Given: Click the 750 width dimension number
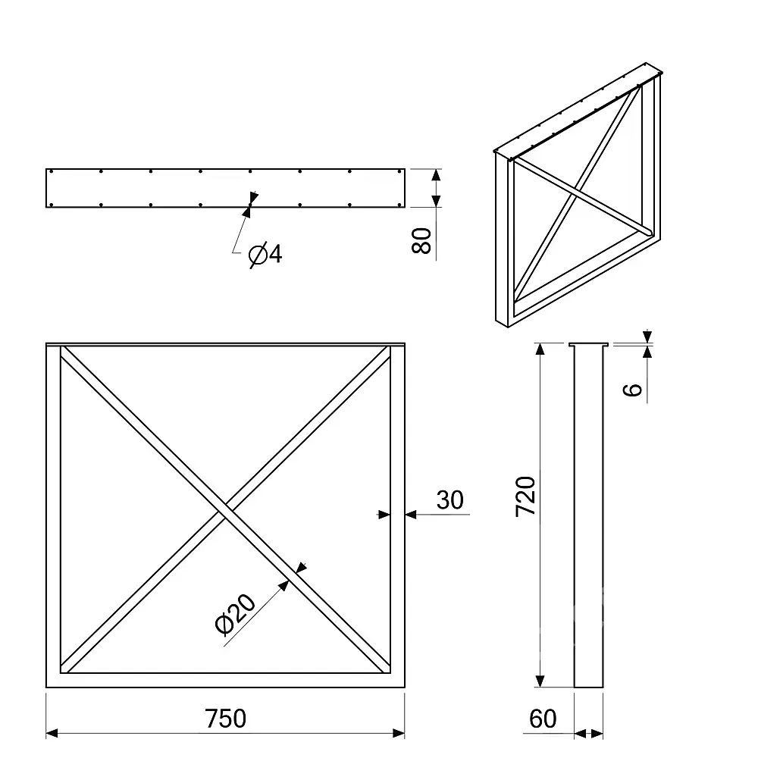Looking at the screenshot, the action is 225,719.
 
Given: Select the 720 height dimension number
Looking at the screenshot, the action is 526,496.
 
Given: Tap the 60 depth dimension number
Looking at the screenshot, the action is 543,719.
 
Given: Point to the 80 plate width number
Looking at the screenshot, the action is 421,241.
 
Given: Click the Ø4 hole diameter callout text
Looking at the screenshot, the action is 265,254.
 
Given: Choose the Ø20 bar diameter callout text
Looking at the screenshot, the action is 235,613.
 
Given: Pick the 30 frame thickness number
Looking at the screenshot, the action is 450,500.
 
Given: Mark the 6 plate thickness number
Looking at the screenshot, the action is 632,390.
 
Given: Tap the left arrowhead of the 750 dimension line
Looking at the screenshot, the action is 52,733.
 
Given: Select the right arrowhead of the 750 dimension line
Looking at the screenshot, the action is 399,733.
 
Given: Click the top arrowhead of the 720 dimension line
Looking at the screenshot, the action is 540,349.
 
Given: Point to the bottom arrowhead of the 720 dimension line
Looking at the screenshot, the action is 540,681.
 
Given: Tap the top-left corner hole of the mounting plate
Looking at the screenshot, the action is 51,171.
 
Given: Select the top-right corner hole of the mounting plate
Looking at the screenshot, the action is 399,171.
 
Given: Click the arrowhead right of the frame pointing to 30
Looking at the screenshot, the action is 411,515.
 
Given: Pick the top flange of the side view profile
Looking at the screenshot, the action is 589,345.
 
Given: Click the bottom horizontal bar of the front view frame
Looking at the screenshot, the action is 225,680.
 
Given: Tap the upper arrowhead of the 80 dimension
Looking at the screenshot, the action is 436,175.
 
